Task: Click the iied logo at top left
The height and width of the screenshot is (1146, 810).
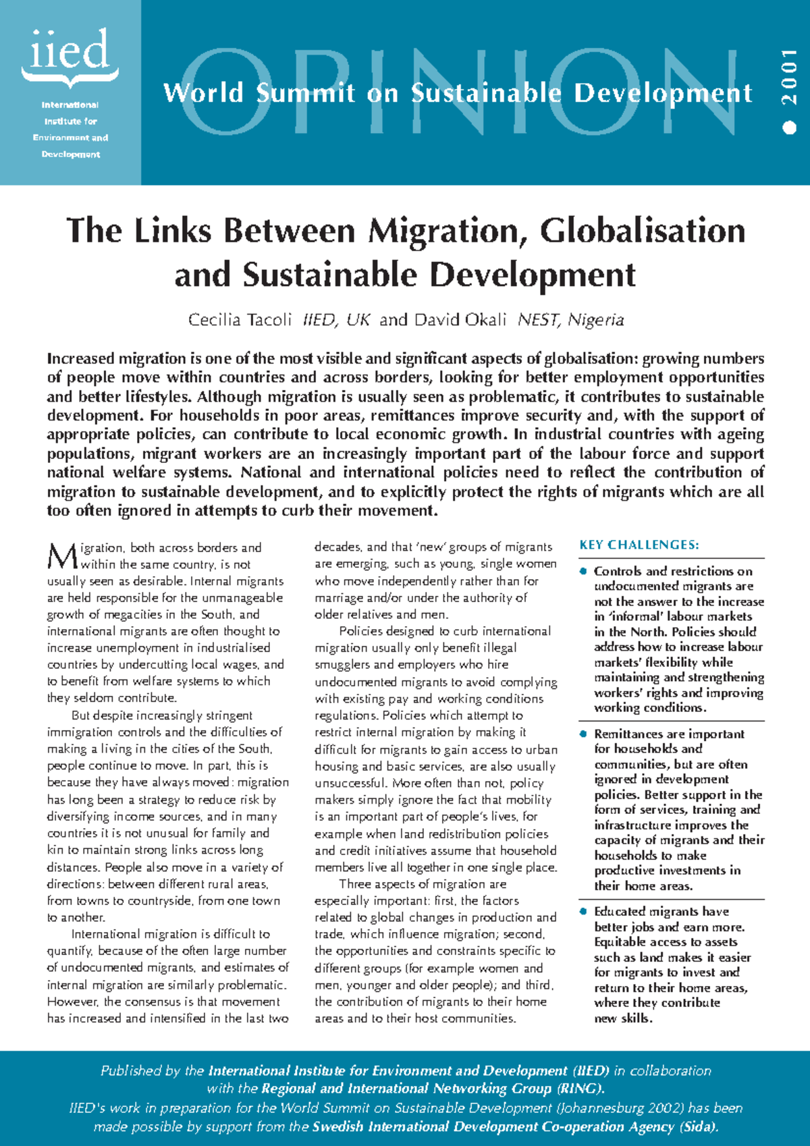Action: coord(70,54)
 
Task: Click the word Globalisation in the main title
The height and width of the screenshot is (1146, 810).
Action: coord(642,231)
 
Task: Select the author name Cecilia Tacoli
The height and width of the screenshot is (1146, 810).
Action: coord(240,319)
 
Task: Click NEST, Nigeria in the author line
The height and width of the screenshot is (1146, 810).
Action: coord(570,319)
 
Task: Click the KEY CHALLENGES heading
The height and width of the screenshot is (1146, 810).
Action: coord(639,545)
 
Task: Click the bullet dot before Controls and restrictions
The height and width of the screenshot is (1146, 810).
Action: coord(584,571)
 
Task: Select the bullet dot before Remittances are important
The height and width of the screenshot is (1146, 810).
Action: coord(584,734)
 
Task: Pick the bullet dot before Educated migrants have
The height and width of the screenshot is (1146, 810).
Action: coord(584,911)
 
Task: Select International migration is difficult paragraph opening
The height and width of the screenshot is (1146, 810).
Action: coord(169,934)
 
